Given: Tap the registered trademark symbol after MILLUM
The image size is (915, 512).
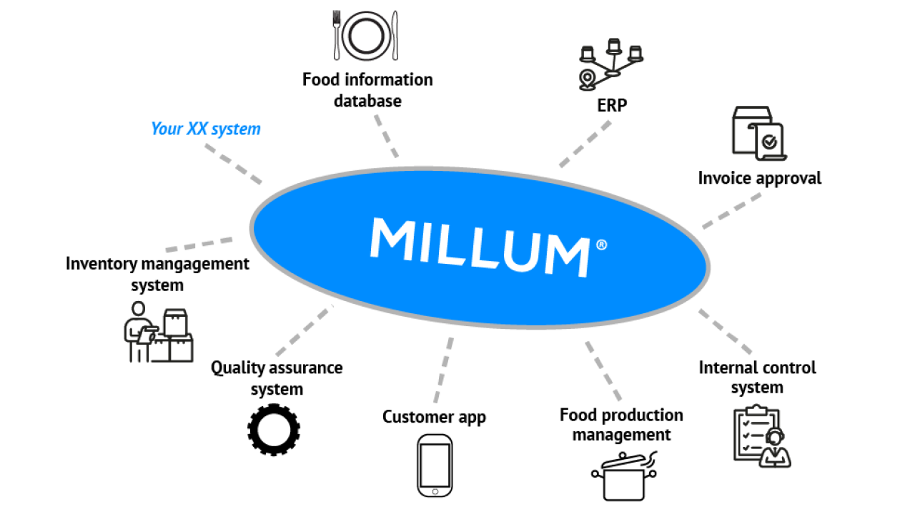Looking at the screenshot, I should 601,245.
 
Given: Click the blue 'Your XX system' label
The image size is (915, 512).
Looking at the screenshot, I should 205,129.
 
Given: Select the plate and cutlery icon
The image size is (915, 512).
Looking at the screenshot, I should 365,35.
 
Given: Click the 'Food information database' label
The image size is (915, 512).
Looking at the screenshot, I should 367,90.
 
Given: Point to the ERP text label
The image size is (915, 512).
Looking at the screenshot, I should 611,105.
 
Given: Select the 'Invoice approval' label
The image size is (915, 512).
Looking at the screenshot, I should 759,178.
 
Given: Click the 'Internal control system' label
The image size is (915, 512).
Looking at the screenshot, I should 757,378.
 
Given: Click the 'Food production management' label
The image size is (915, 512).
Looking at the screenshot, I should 621,425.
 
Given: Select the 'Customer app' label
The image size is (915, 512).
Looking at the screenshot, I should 434,417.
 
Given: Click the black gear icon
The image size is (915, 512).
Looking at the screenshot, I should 274,429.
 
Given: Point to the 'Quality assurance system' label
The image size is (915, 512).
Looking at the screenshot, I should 277,378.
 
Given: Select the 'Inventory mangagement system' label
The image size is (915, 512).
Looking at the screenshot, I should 157,274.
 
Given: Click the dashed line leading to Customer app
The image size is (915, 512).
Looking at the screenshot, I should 443,370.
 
